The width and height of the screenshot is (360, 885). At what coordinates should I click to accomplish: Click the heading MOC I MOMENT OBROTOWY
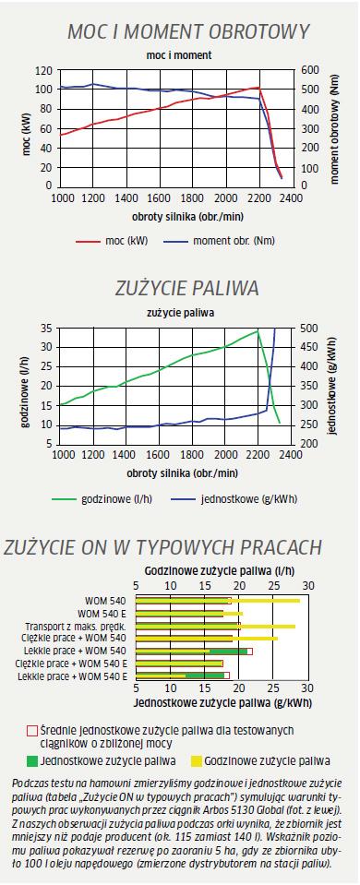point(188,31)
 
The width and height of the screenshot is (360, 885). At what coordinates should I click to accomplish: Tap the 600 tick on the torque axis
point(297,69)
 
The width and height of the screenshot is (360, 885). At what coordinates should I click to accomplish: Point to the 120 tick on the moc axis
point(44,70)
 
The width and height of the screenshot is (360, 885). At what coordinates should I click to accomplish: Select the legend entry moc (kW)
point(112,241)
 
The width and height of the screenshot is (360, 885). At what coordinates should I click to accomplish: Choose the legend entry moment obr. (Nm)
point(220,241)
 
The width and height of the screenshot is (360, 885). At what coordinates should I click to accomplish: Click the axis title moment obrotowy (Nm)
point(335,128)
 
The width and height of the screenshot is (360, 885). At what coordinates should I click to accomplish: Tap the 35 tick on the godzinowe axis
point(47,329)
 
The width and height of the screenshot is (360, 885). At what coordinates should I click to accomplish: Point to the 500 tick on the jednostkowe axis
point(297,329)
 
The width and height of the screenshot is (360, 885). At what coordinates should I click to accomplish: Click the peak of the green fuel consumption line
point(258,330)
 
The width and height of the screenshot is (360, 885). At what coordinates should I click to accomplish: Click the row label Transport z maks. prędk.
point(75,627)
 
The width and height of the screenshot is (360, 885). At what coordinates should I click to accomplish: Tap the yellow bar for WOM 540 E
point(189,614)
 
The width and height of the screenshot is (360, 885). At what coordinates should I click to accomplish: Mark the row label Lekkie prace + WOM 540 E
point(73,676)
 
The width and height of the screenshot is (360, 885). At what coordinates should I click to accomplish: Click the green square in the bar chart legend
point(32,760)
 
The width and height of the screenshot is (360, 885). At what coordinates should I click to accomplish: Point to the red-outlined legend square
point(32,730)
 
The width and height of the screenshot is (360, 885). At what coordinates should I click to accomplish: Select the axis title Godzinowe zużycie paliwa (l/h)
point(222,570)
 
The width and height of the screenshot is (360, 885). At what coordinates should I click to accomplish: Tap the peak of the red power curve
point(258,88)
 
